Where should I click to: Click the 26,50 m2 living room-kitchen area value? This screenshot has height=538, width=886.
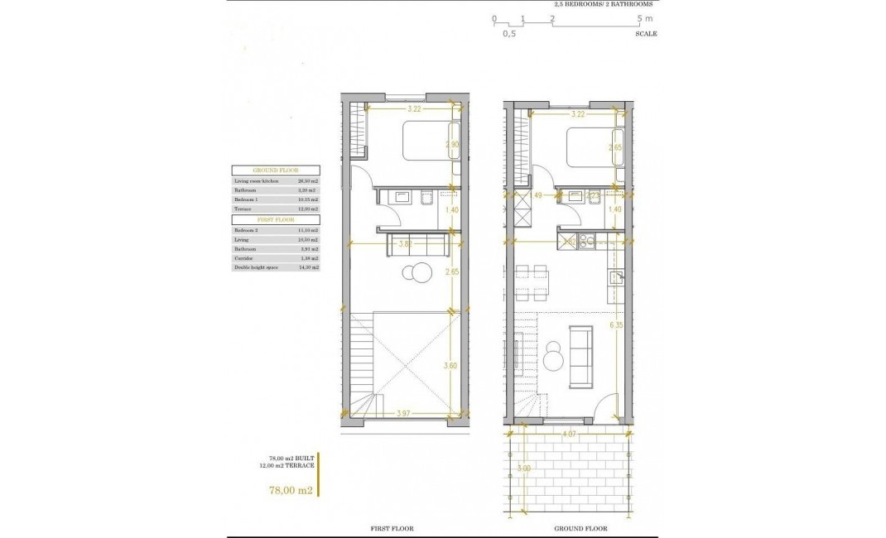pos(307,180)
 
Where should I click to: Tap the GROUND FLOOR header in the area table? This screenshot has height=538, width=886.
pos(275,170)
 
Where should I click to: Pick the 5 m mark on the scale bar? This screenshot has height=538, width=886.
pos(643,17)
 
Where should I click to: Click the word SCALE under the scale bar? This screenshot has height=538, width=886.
pos(646,35)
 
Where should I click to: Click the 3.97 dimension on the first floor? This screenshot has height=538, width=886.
pos(404,413)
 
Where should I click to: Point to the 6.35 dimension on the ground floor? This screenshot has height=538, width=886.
pos(614,326)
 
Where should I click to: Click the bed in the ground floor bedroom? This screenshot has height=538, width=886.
pos(592,147)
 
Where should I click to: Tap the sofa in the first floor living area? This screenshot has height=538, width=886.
pos(418,246)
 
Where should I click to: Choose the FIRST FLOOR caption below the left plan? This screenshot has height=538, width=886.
pos(391,528)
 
